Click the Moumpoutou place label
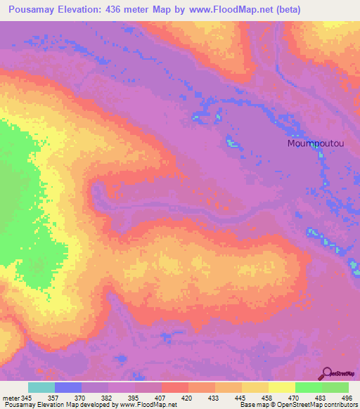click(316, 143)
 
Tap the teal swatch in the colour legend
click(41, 388)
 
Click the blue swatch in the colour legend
click(68, 388)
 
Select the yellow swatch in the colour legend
click(281, 388)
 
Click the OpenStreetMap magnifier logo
click(328, 374)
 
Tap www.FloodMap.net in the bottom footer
click(147, 405)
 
